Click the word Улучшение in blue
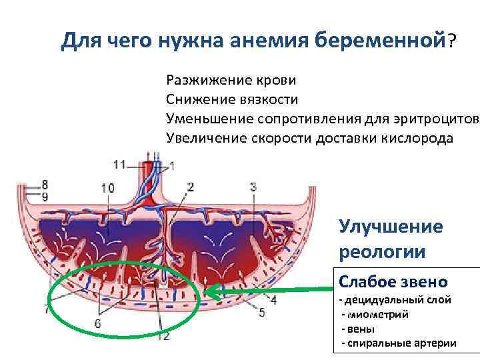[391, 226]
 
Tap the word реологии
[381, 252]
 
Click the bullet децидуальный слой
[398, 300]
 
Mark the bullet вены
[360, 329]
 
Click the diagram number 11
[119, 164]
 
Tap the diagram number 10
[107, 189]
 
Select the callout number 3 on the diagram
[253, 187]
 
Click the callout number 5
[262, 311]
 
